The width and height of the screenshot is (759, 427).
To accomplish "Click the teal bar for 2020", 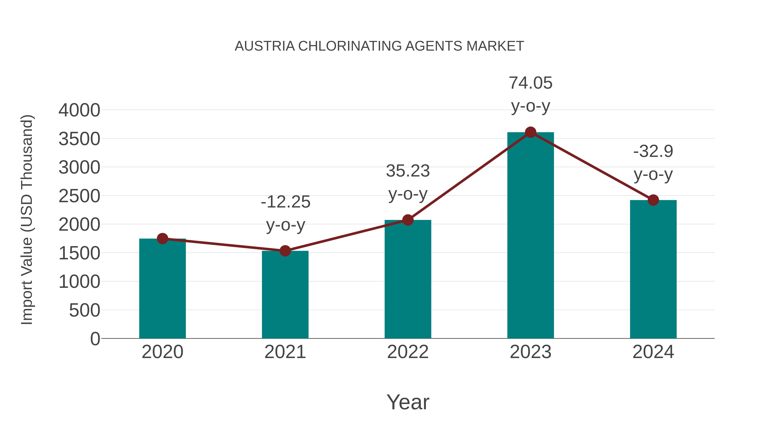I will pos(162,289).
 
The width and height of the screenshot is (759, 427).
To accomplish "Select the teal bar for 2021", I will pos(285,295).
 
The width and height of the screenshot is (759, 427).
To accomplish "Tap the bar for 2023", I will pos(530,236).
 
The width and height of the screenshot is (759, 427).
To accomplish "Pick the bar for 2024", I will pos(653,270).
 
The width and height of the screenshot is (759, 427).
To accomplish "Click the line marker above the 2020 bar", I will pos(162,239).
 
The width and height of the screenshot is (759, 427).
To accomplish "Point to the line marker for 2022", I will pos(408,220).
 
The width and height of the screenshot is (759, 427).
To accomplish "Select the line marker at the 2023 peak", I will pos(530,132).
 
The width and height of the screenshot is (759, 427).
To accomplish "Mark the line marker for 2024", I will pos(653,200).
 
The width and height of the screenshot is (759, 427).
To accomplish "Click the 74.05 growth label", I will pos(530,83).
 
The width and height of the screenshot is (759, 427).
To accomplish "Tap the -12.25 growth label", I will pos(285,202).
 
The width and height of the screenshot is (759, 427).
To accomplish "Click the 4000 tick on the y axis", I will pos(79,110).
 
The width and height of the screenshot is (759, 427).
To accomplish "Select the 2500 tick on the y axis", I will pos(79,196).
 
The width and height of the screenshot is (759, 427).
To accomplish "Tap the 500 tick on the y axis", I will pos(85,311).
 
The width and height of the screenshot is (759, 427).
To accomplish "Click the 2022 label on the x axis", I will pos(408,352).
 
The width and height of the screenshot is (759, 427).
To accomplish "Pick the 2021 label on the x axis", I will pos(285,352).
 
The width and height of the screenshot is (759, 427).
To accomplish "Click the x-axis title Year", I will pos(408,402).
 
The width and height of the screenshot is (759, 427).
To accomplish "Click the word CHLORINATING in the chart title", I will pos(350,46).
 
